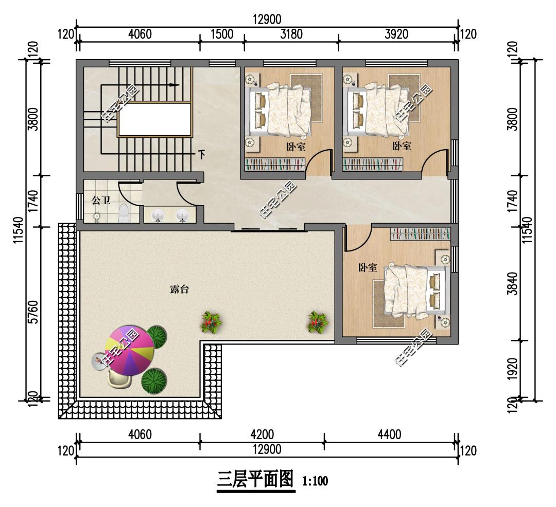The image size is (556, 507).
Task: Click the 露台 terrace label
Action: (x=180, y=289)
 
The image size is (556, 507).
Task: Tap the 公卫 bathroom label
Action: (x=101, y=201)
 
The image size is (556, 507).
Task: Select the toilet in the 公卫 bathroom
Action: (x=124, y=213)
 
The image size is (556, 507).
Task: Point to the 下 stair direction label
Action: (x=201, y=155)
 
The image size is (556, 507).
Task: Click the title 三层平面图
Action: (x=255, y=479)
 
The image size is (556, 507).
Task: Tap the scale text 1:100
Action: (x=315, y=481)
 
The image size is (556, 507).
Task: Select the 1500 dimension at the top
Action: (x=222, y=34)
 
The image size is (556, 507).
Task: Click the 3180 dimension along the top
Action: (x=291, y=34)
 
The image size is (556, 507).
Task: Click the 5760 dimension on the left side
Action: (x=33, y=312)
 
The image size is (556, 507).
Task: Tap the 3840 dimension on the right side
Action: (x=512, y=283)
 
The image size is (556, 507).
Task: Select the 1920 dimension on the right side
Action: (x=512, y=369)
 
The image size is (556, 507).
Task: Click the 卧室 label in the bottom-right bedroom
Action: (x=368, y=267)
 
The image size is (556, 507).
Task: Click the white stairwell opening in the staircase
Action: (x=154, y=119)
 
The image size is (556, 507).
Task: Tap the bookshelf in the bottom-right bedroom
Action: (x=420, y=234)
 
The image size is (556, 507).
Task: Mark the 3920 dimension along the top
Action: (x=396, y=34)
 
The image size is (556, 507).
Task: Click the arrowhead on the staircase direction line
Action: (x=174, y=85)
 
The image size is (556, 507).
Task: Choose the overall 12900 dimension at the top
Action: (x=267, y=19)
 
